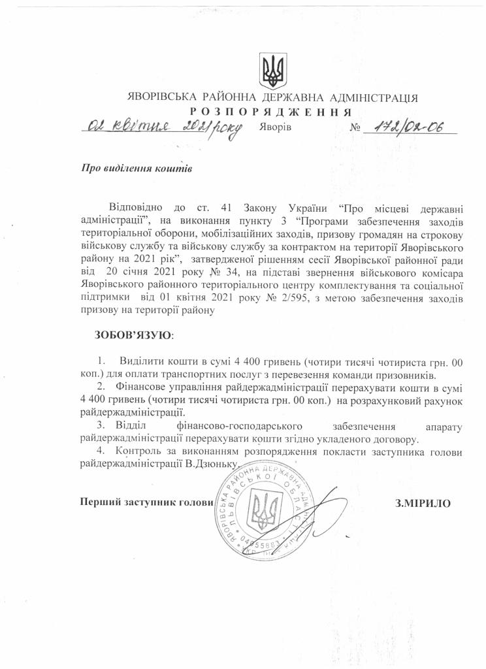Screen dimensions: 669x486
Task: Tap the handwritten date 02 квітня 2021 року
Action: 163,126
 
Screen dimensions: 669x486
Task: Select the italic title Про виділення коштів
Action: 136,167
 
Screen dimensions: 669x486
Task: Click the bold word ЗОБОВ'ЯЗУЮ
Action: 134,334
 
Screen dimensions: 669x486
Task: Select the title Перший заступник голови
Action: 146,502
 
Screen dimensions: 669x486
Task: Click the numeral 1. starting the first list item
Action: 101,361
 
